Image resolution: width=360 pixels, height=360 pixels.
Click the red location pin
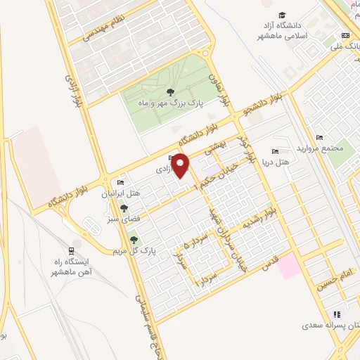181,166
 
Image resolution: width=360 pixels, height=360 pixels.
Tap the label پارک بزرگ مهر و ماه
169,103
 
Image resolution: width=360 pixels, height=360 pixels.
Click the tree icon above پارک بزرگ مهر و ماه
169,91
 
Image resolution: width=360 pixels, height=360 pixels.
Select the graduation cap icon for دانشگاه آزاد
282,15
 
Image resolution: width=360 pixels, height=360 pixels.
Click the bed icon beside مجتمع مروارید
319,136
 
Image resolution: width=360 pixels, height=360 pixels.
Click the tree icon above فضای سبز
124,208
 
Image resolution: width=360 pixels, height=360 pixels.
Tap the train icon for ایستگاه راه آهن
72,252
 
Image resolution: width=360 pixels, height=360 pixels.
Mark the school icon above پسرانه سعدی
336,314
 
